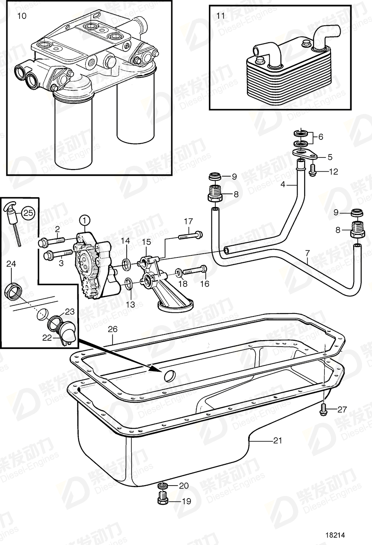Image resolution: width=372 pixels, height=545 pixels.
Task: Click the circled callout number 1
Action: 85,219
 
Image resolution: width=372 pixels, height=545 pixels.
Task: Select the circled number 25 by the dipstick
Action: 27,213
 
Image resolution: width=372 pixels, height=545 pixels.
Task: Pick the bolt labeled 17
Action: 191,236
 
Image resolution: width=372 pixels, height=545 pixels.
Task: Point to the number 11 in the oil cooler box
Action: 220,16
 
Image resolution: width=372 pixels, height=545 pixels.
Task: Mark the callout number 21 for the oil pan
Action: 278,440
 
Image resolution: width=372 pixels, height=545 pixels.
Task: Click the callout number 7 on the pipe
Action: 308,252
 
